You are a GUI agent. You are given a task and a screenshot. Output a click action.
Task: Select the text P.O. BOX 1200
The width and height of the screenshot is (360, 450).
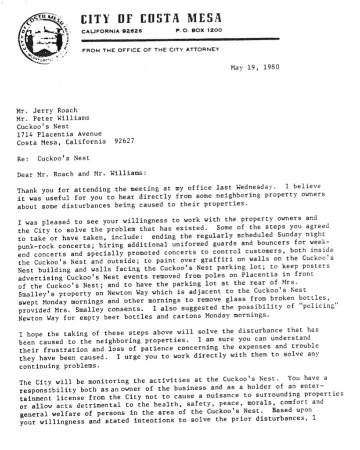tap(198, 30)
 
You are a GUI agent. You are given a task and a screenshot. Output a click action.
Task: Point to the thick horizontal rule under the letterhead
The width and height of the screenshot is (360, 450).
tap(180, 39)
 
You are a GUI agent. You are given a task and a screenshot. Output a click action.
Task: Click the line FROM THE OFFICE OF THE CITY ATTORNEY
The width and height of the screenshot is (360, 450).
tap(150, 49)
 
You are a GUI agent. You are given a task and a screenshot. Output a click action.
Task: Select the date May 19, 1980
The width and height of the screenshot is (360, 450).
tap(255, 67)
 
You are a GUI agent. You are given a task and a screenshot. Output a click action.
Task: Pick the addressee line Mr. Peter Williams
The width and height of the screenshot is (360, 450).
tap(53, 118)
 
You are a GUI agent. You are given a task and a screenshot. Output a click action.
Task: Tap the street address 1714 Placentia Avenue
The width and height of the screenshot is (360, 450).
tap(59, 134)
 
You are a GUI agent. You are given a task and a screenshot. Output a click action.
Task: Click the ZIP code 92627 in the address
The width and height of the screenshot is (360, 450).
tap(124, 142)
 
